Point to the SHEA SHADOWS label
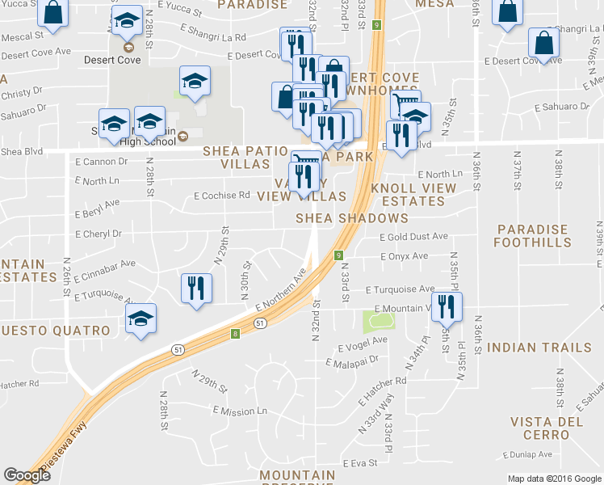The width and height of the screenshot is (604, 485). pos(351,218)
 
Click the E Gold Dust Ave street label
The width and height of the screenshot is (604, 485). pos(413,237)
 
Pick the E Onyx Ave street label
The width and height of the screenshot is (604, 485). pos(404,256)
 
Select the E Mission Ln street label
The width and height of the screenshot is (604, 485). pos(240,411)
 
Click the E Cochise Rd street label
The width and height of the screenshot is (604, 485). pos(222,195)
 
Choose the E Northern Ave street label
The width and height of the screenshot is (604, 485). pos(280,291)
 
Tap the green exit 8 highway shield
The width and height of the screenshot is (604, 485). pos(235,333)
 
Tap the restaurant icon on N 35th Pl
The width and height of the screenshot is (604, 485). pos(443,306)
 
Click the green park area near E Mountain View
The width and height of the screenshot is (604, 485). pos(378,321)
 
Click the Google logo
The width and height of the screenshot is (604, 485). pos(27,475)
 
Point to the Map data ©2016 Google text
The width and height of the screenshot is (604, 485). pos(554,479)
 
